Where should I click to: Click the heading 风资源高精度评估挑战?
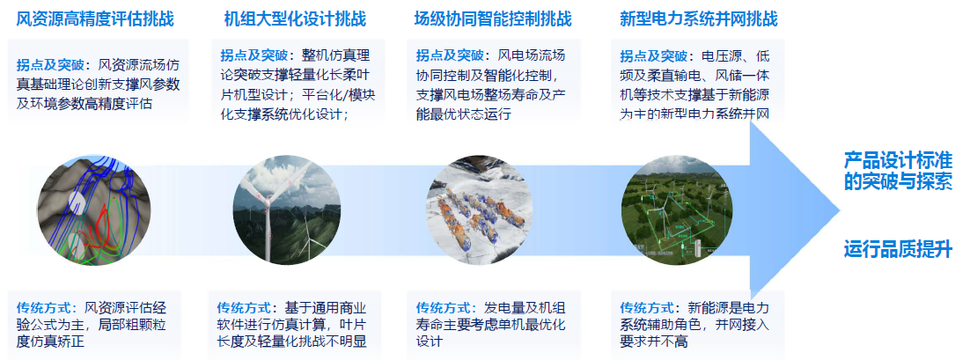pos(95,19)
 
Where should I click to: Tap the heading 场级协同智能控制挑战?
pos(493,19)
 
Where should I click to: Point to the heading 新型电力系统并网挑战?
pos(698,19)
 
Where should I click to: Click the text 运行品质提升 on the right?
pos(898,250)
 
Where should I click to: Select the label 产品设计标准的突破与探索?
pos(898,172)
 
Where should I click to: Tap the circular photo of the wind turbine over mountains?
pos(286,211)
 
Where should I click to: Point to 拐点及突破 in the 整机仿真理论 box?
pos(253,55)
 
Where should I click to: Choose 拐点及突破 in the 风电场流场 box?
pos(450,55)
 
